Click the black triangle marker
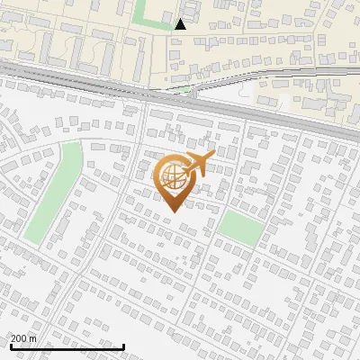pyautogui.click(x=181, y=24)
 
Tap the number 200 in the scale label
pyautogui.click(x=20, y=338)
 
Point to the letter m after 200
pyautogui.click(x=33, y=338)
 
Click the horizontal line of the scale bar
pyautogui.click(x=67, y=346)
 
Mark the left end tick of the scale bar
pyautogui.click(x=10, y=345)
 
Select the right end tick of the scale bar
pyautogui.click(x=123, y=345)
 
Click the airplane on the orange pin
pyautogui.click(x=197, y=165)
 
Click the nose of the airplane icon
pyautogui.click(x=214, y=156)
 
